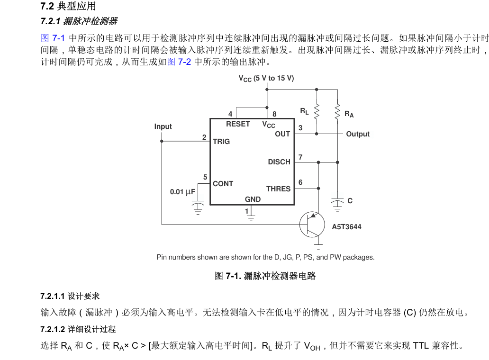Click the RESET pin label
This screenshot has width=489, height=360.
(238, 124)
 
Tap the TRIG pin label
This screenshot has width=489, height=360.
(221, 142)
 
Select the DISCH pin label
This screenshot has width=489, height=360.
(279, 162)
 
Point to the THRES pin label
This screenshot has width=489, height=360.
(278, 189)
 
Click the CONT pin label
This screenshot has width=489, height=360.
(223, 184)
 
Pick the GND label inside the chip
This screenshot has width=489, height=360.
(253, 199)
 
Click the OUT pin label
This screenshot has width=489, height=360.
(282, 134)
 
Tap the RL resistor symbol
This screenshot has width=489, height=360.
(317, 112)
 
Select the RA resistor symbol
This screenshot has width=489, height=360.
(337, 112)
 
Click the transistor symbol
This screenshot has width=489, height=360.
(312, 225)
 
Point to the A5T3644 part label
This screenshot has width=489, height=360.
(346, 227)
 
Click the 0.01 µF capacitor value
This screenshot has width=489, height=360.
(183, 192)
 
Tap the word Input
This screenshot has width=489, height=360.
(163, 126)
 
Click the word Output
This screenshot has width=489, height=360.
(358, 134)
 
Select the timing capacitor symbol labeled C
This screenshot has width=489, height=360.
(337, 205)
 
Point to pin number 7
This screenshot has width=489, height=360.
(300, 157)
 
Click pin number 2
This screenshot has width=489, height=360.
(204, 137)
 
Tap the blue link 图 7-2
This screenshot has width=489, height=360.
(179, 62)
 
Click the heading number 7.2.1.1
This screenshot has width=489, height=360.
(53, 296)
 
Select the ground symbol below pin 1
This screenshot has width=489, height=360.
(251, 217)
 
